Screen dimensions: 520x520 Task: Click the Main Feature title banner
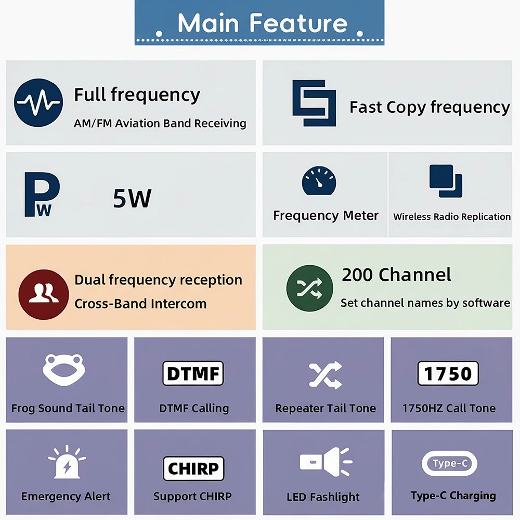[259, 23]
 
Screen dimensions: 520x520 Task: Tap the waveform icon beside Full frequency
[38, 102]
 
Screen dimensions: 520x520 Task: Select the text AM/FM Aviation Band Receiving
[160, 123]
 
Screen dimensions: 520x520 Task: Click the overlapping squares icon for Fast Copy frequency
[314, 103]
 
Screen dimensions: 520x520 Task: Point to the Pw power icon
[42, 194]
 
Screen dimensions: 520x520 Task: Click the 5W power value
[132, 198]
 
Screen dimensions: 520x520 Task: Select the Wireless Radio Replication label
[452, 217]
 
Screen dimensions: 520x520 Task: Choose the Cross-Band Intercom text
[140, 304]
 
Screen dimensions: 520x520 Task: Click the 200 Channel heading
[396, 275]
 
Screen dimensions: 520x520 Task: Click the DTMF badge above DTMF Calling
[193, 373]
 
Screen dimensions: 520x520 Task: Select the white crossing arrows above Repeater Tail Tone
[325, 374]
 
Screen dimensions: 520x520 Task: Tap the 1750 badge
[448, 373]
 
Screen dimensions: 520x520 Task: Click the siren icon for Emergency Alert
[67, 462]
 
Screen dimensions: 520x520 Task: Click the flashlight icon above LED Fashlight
[326, 462]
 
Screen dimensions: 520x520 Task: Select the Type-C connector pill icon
[449, 463]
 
